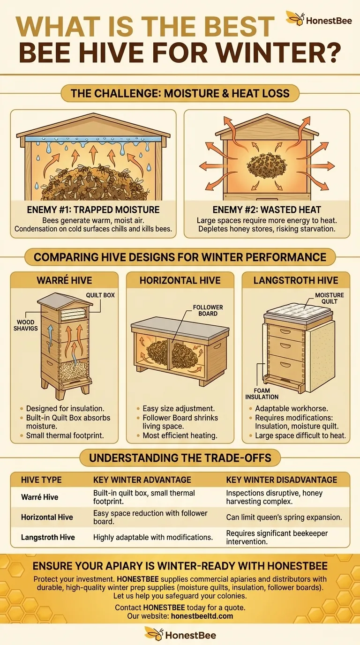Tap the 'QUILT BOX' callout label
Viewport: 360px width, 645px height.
click(x=100, y=295)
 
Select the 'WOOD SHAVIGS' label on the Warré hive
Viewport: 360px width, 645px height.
click(x=26, y=325)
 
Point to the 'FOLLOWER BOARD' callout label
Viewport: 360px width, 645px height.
click(x=208, y=310)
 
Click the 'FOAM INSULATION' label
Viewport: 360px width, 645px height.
click(x=262, y=394)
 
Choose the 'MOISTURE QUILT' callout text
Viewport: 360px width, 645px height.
click(x=330, y=298)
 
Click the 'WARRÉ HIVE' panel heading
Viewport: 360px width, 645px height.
click(x=64, y=280)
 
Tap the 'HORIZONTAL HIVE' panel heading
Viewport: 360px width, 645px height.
click(x=180, y=280)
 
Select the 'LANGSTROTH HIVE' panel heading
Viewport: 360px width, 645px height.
click(x=296, y=280)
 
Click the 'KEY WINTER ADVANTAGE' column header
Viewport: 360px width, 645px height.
click(x=142, y=480)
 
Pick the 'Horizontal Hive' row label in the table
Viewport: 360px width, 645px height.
click(x=47, y=517)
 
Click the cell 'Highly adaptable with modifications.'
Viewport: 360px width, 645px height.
click(x=153, y=537)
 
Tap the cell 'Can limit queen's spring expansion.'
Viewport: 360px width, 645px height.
click(x=284, y=517)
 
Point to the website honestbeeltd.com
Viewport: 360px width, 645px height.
click(x=202, y=616)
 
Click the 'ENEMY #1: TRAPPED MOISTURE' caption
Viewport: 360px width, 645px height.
click(x=93, y=210)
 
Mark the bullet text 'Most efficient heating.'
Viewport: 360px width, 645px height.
click(x=180, y=435)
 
